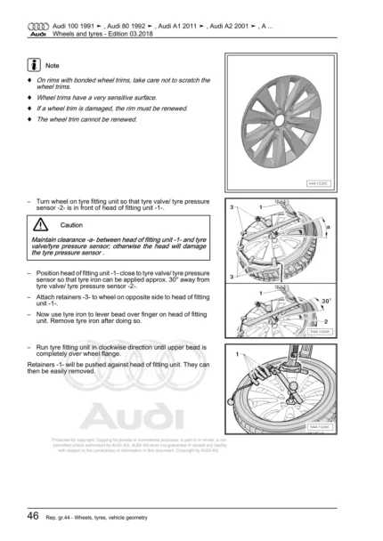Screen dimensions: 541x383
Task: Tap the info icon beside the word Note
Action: click(33, 66)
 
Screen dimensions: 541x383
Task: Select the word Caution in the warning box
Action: click(74, 226)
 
